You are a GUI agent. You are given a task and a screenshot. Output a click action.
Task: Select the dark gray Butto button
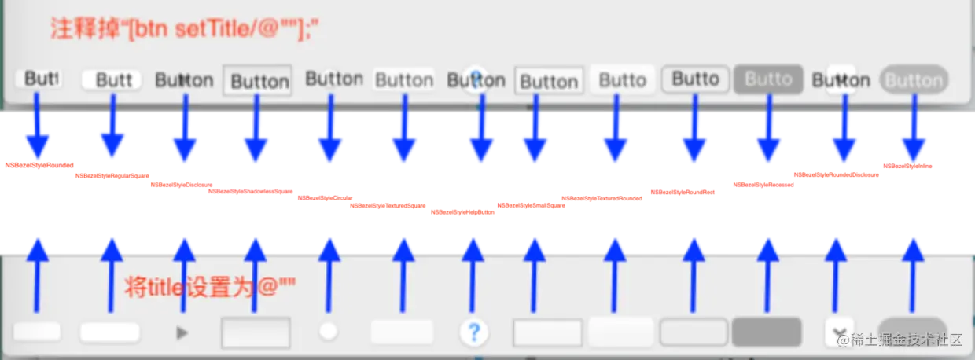tap(768, 79)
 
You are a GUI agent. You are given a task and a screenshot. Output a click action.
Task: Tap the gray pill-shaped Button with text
tap(914, 80)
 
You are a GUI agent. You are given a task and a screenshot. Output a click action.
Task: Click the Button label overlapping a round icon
tap(475, 80)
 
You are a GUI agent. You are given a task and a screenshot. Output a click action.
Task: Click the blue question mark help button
tap(473, 332)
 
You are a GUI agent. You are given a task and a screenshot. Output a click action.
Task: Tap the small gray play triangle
tap(182, 332)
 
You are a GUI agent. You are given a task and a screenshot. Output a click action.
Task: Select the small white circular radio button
tap(328, 332)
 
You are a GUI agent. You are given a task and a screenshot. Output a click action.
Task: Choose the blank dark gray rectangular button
tap(767, 332)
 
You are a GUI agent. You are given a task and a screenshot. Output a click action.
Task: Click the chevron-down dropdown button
tap(839, 332)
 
